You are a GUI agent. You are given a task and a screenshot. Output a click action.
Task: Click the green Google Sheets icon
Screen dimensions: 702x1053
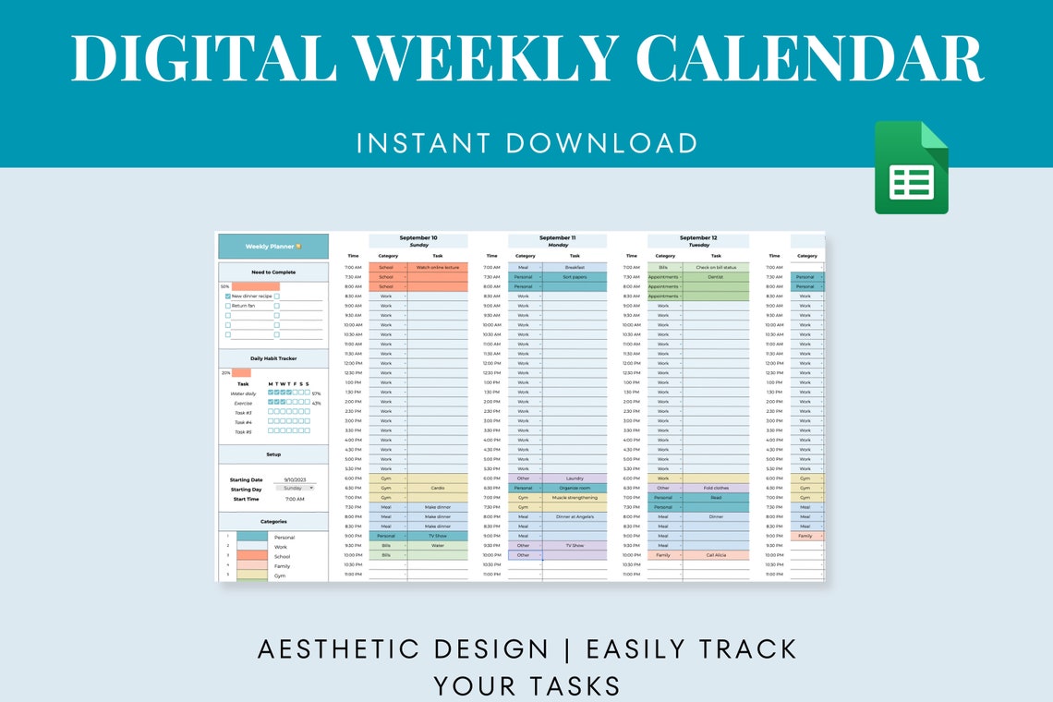(x=911, y=167)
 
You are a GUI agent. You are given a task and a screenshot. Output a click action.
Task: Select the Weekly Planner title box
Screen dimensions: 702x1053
(x=272, y=247)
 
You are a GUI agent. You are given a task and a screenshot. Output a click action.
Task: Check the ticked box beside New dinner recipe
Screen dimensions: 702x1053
(x=228, y=296)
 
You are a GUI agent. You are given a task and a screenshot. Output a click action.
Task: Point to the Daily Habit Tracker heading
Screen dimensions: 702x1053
(x=273, y=358)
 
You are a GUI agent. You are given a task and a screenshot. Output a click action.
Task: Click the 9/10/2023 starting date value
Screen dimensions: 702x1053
(x=296, y=479)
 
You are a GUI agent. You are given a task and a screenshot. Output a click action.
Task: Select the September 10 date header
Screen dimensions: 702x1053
(x=418, y=238)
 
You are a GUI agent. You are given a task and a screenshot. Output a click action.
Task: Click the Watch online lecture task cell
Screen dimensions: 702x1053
(x=437, y=267)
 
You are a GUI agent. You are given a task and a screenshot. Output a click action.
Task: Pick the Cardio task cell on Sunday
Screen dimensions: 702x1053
(x=437, y=488)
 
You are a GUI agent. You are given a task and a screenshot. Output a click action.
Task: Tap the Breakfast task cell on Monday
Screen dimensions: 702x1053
(x=575, y=267)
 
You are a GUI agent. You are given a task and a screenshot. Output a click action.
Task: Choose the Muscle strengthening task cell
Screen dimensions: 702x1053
(x=575, y=497)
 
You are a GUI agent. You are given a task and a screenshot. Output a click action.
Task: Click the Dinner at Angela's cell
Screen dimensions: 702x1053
(x=575, y=516)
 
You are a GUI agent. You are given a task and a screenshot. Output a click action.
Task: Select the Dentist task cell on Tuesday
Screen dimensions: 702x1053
(x=716, y=276)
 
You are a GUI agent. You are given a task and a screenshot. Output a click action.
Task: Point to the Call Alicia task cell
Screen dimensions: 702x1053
(x=716, y=555)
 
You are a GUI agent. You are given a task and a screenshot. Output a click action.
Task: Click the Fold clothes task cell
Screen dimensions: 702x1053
(x=716, y=488)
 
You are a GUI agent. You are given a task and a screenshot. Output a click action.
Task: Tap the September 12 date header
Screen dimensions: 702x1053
(x=698, y=238)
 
